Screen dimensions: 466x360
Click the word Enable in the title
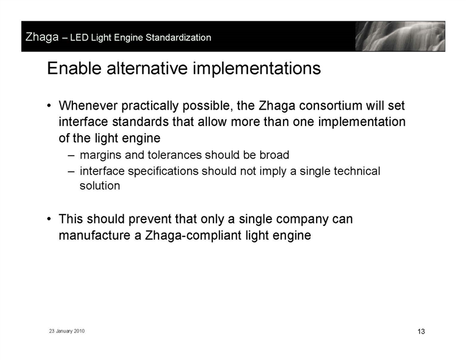pos(74,68)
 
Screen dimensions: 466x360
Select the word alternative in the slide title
pos(147,68)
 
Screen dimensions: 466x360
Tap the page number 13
pos(421,331)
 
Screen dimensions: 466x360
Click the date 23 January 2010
pos(67,331)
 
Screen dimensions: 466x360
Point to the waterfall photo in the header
pos(400,36)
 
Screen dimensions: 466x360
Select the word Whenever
pos(88,106)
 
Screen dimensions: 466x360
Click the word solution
pos(100,186)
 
